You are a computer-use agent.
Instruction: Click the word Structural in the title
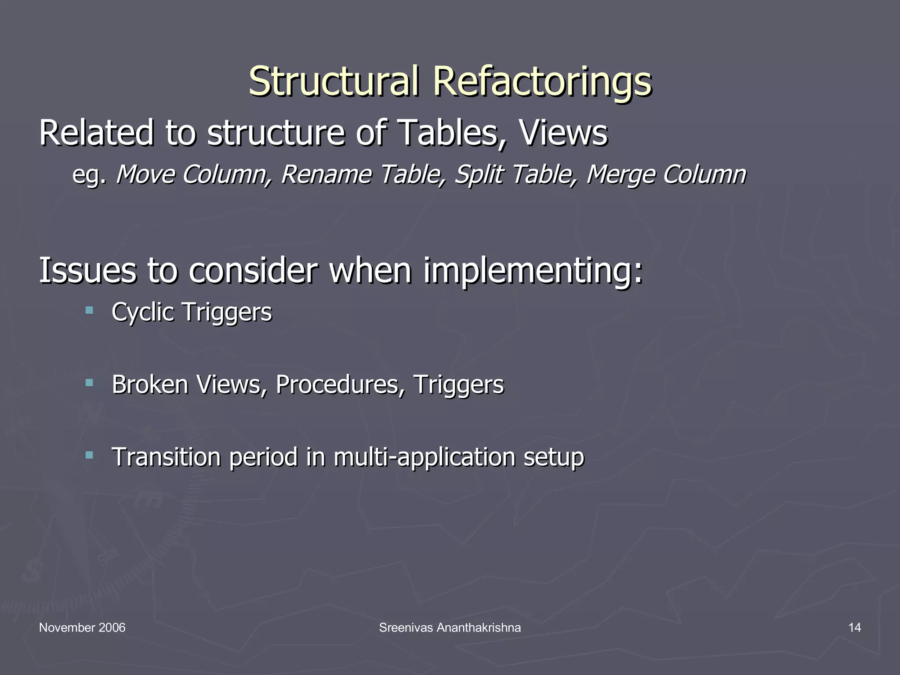pos(333,82)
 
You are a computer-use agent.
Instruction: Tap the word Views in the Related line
pos(563,133)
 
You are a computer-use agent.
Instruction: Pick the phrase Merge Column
pos(666,174)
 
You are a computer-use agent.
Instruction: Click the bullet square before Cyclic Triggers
pos(90,311)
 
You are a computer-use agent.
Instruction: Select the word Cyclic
pos(143,313)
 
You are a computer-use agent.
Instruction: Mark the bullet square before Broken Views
pos(90,383)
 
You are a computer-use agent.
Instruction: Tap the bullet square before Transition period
pos(90,455)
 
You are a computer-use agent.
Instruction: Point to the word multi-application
pos(424,457)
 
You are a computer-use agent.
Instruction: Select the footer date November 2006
pos(82,628)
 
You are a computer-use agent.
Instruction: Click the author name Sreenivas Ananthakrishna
pos(450,628)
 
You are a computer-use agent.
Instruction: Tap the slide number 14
pos(854,628)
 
